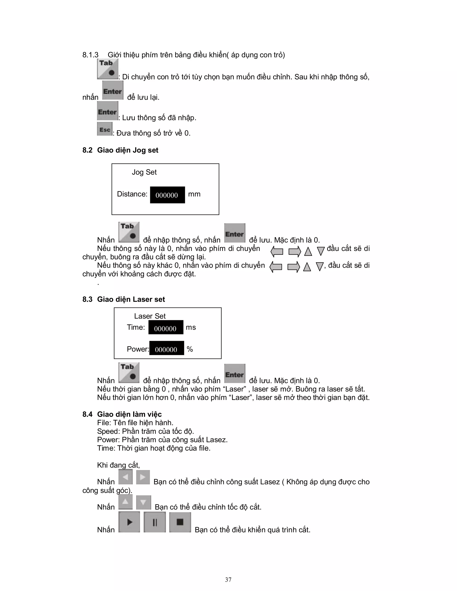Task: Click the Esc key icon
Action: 104,129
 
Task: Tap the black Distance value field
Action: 167,195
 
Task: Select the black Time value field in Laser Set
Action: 166,327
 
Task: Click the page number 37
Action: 228,579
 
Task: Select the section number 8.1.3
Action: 90,55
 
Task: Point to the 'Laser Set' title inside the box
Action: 150,316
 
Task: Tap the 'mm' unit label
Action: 194,194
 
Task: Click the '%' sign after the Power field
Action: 190,349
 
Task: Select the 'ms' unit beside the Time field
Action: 191,327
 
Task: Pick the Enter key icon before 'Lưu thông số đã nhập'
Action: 108,111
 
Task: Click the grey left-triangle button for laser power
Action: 125,477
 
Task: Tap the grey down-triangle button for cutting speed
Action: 143,502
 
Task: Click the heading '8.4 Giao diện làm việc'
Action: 122,414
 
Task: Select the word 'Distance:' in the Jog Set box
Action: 132,194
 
